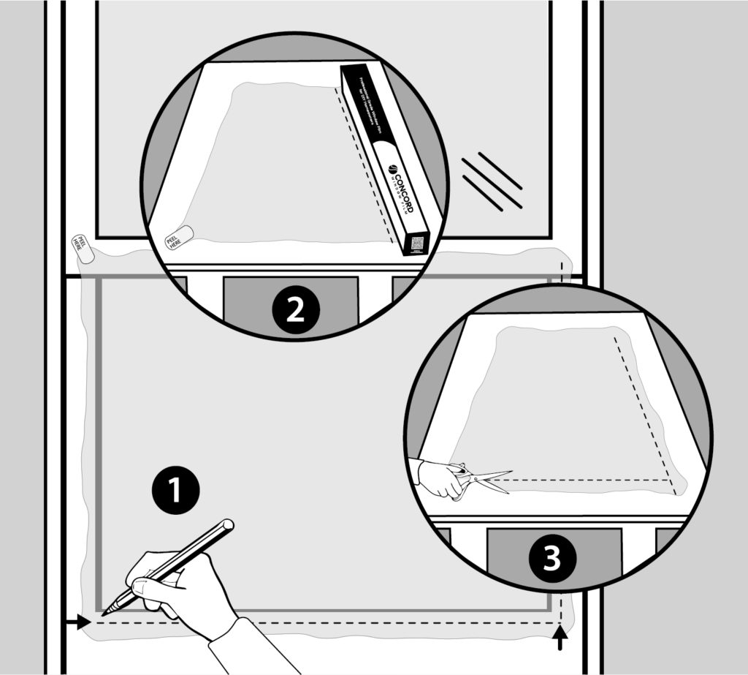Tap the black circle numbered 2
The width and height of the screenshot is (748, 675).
pos(295,310)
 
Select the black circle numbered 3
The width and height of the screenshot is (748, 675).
pos(553,560)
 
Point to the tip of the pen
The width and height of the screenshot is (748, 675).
pos(104,613)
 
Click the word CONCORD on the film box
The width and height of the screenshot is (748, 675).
pos(399,186)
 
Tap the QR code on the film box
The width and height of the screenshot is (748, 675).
pos(417,243)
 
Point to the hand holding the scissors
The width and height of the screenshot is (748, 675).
pos(440,479)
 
